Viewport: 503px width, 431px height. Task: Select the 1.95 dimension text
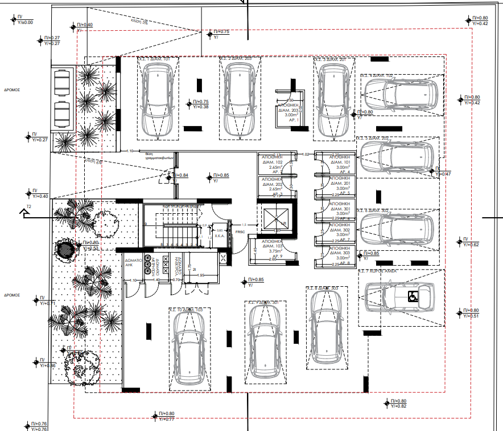[200, 275]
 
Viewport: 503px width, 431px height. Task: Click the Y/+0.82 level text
[399, 406]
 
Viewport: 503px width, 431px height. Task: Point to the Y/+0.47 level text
[443, 174]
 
